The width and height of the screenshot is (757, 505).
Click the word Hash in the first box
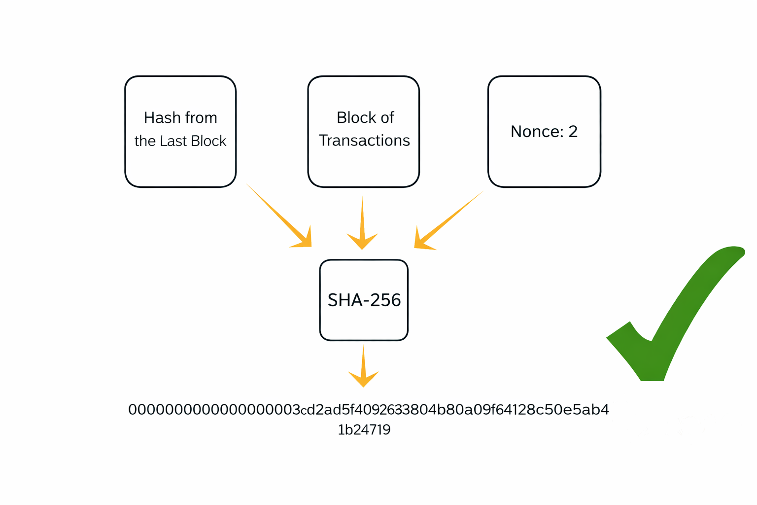(x=158, y=118)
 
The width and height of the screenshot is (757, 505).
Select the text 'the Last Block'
(x=180, y=141)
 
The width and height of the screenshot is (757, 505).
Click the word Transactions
(x=364, y=141)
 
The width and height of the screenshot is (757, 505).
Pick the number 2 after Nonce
(x=573, y=132)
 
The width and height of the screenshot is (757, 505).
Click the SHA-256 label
(x=364, y=300)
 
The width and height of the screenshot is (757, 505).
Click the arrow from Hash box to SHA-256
(x=279, y=216)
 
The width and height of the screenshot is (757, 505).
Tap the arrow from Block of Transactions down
(x=362, y=222)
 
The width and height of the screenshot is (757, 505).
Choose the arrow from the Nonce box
(x=449, y=220)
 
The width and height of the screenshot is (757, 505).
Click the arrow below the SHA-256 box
(x=363, y=366)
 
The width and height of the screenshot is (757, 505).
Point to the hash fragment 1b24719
(x=364, y=430)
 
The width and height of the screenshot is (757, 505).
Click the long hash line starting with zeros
(x=369, y=410)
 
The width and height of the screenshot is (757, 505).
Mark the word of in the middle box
(x=387, y=118)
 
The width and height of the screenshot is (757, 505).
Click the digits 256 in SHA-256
(x=385, y=300)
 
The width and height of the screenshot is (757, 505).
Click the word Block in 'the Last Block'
(x=208, y=141)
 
